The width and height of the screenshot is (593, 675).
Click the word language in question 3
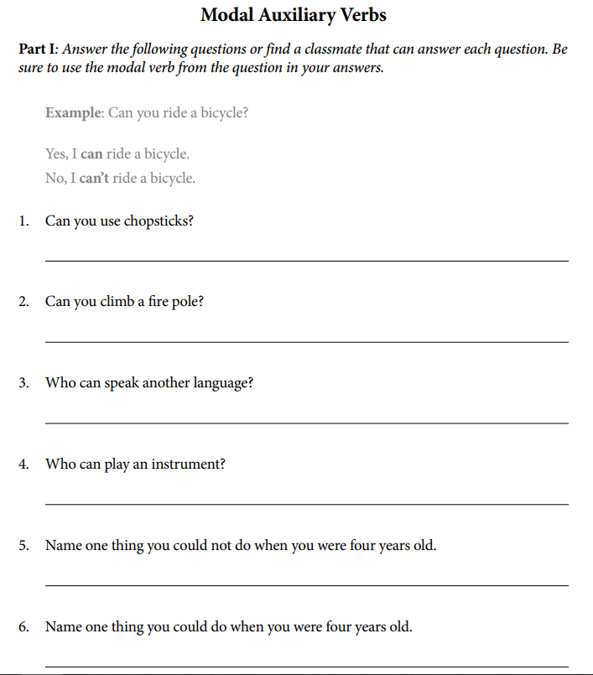221,383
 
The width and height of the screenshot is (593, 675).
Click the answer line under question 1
306,261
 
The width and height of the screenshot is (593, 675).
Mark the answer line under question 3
306,423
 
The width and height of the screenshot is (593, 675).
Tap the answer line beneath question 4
306,504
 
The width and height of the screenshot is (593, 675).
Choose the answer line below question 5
306,585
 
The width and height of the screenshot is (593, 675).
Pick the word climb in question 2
117,302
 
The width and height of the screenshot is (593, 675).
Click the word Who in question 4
60,464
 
